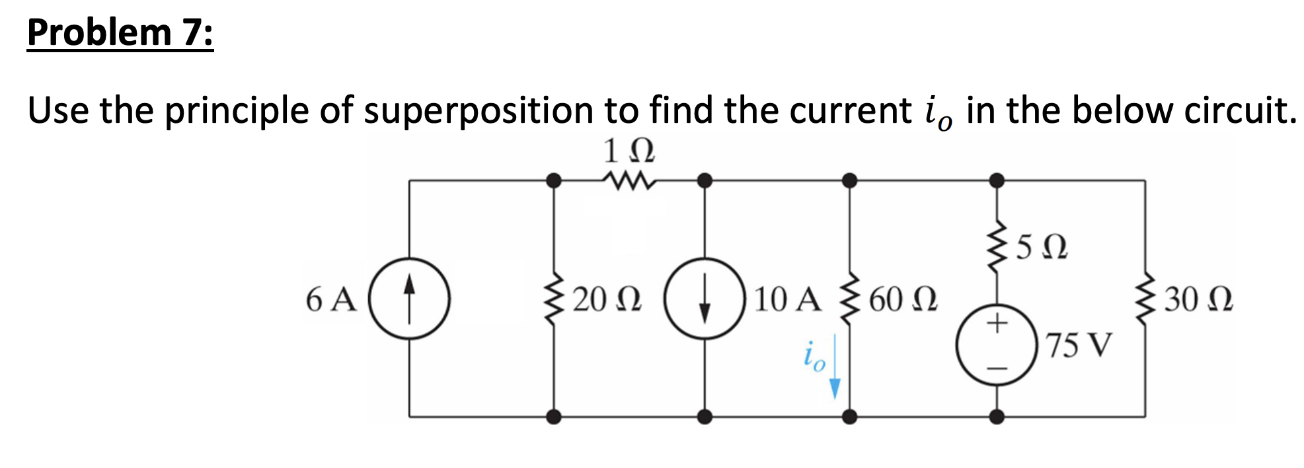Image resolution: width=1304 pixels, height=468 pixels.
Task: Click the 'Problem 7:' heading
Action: point(120,33)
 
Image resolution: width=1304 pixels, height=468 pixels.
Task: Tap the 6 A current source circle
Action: point(409,299)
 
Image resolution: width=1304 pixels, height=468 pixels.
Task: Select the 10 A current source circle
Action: point(705,299)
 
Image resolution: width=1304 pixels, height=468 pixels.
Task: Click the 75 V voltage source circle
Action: point(997,344)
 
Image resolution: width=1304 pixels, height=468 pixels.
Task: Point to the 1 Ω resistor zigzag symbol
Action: point(629,180)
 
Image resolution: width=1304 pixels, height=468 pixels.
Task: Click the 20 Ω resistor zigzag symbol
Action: point(554,299)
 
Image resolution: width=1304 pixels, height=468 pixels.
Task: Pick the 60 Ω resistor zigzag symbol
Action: point(849,299)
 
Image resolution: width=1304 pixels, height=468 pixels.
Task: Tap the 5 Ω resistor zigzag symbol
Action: point(997,246)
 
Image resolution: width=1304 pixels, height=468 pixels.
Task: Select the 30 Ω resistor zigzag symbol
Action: point(1145,299)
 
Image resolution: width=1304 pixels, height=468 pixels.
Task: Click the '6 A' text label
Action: point(330,299)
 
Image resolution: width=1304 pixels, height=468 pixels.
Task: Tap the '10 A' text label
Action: point(787,299)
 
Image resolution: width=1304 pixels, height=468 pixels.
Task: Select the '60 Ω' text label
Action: point(903,299)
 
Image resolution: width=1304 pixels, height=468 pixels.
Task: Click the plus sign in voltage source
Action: point(997,323)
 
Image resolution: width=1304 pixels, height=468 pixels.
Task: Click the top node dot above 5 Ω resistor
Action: point(997,180)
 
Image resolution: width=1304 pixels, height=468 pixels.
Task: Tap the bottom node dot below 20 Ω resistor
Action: point(554,416)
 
